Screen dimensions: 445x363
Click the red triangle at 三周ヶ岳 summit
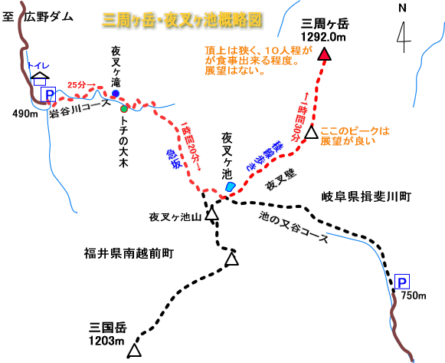click(x=325, y=54)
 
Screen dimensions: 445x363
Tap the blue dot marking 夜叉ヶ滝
click(x=116, y=93)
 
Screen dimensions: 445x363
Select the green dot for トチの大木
click(x=124, y=108)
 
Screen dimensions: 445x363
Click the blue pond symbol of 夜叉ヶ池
click(x=231, y=186)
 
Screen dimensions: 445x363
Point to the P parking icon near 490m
click(x=48, y=94)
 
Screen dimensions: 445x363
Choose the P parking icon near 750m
click(x=402, y=282)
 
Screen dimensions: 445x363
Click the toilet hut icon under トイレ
click(x=40, y=79)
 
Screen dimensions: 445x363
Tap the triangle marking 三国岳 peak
click(x=134, y=351)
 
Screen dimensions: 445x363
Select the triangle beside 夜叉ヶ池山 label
click(x=212, y=214)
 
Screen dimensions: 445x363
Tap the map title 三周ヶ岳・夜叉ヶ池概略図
click(x=182, y=20)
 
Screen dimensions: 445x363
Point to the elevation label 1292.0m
click(x=323, y=37)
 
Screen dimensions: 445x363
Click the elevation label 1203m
click(x=106, y=341)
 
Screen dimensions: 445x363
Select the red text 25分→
click(x=81, y=84)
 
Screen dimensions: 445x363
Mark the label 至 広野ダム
click(x=38, y=17)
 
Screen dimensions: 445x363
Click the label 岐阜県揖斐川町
click(x=366, y=196)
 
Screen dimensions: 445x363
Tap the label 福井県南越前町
click(x=129, y=253)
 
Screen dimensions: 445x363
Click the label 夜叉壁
click(x=280, y=180)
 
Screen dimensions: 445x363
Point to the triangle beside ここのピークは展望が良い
click(x=311, y=132)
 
